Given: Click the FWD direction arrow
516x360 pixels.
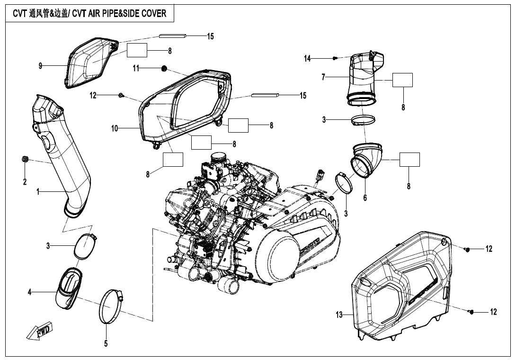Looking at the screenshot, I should [x=38, y=332].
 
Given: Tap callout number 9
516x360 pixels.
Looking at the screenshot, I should [x=40, y=66].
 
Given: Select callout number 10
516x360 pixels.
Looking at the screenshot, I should [x=115, y=128].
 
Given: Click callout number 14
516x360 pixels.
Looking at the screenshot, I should [x=307, y=58].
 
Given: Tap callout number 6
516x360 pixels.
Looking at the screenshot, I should [x=365, y=198].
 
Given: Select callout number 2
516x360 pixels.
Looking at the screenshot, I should [x=25, y=182].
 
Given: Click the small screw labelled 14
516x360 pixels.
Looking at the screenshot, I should [x=335, y=58].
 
